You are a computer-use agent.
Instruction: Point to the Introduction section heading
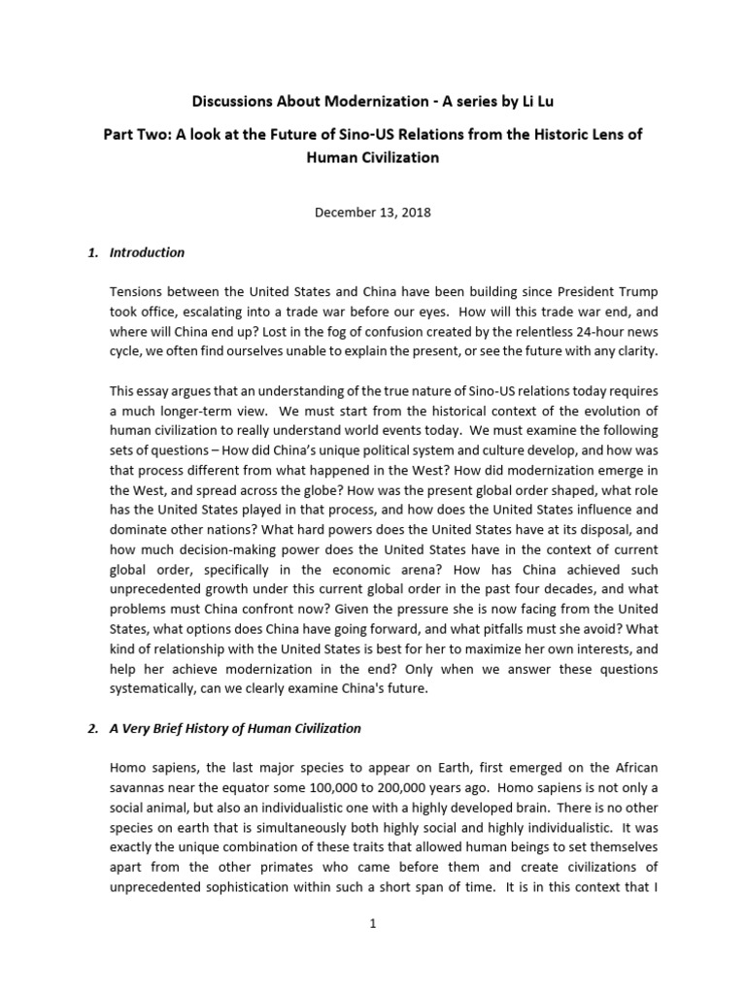click(147, 252)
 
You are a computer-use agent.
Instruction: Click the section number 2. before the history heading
click(93, 728)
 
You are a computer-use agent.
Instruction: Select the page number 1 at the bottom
click(372, 923)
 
